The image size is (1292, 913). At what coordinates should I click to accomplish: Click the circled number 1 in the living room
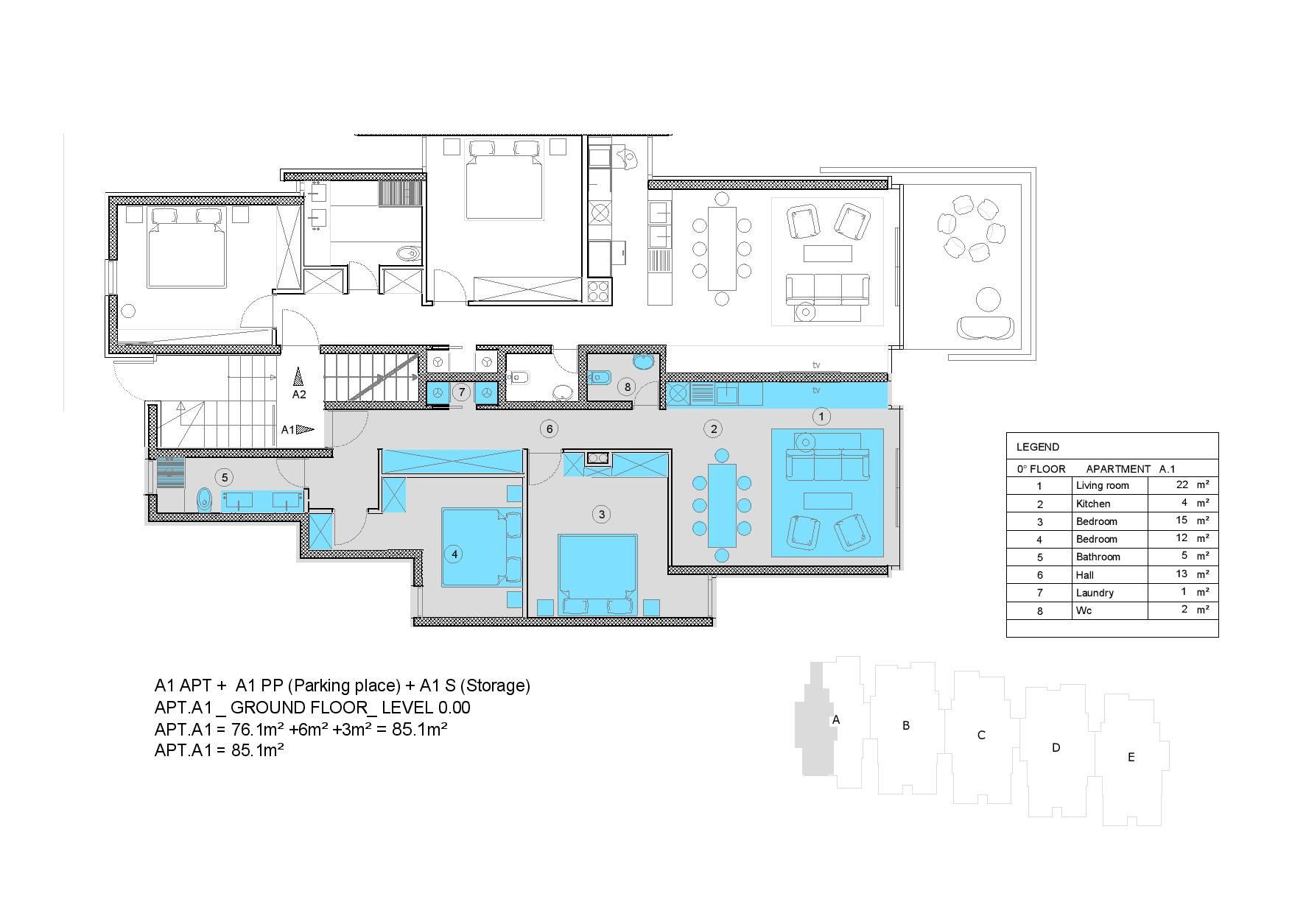pos(821,417)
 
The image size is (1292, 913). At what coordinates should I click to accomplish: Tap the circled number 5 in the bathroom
pos(224,477)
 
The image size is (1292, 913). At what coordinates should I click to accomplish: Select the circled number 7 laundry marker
pos(462,392)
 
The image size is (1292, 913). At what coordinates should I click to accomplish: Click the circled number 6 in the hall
pos(548,429)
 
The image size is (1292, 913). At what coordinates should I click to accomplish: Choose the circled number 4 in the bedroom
pos(454,554)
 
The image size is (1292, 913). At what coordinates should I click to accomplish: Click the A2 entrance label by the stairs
pos(299,395)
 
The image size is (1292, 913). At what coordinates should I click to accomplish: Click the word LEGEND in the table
pos(1037,447)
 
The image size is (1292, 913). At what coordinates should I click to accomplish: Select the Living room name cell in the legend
pos(1102,485)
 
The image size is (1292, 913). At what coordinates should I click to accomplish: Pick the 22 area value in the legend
pos(1182,484)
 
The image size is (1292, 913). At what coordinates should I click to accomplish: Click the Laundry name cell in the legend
pos(1095,593)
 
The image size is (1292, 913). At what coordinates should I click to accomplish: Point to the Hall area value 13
pos(1182,574)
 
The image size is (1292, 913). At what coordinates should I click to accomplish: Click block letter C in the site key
pos(981,735)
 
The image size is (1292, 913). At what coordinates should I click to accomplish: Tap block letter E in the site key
pos(1131,757)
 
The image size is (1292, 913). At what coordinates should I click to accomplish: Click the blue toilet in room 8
pos(599,378)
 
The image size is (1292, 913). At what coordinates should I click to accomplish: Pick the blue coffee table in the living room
pos(827,501)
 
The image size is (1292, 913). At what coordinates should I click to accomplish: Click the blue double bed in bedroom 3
pos(597,574)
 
